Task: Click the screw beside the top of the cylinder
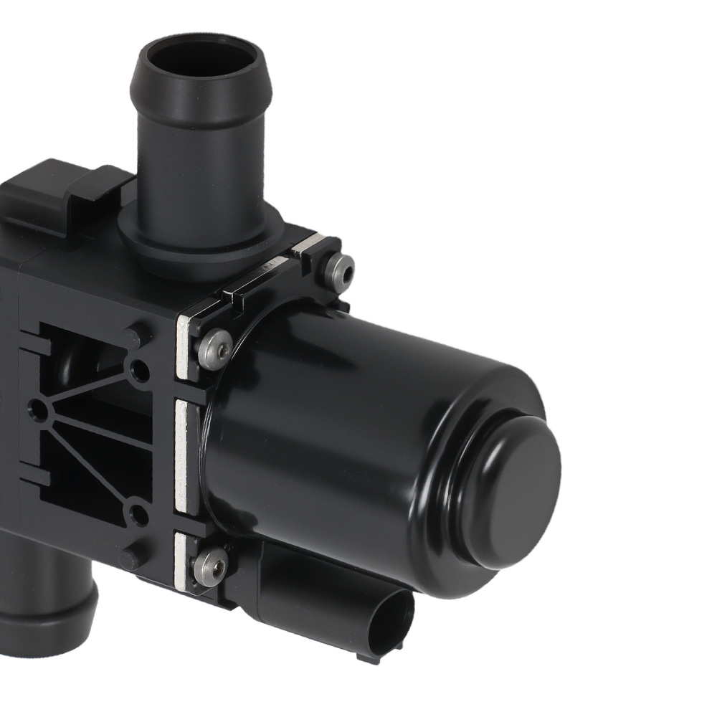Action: [x=215, y=349]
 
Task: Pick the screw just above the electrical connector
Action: [x=210, y=566]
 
